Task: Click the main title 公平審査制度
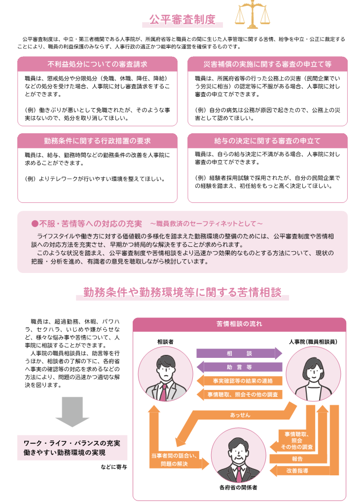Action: click(183, 20)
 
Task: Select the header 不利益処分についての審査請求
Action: click(97, 64)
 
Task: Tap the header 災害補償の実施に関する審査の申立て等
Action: click(267, 64)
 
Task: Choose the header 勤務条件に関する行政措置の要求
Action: click(97, 141)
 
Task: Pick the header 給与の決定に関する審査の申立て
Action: click(267, 141)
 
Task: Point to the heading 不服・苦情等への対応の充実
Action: click(87, 224)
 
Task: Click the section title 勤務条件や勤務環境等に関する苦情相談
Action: click(182, 293)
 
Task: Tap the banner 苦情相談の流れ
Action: click(239, 324)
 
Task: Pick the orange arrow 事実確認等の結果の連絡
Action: click(239, 381)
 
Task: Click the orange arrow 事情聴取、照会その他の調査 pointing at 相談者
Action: click(239, 394)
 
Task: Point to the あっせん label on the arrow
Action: click(240, 415)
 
